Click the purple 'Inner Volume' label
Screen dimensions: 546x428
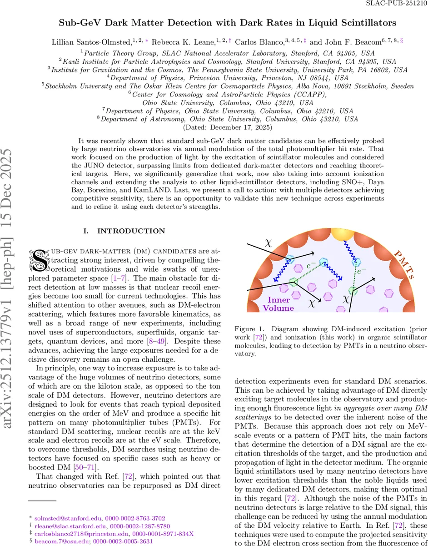[279, 303]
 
